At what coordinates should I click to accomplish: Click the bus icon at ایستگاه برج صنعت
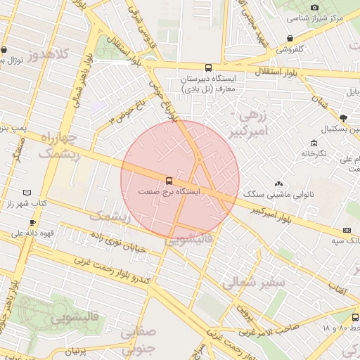[x=168, y=180]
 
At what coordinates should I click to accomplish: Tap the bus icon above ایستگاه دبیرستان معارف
[x=207, y=67]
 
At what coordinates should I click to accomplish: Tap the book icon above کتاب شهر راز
[x=27, y=192]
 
